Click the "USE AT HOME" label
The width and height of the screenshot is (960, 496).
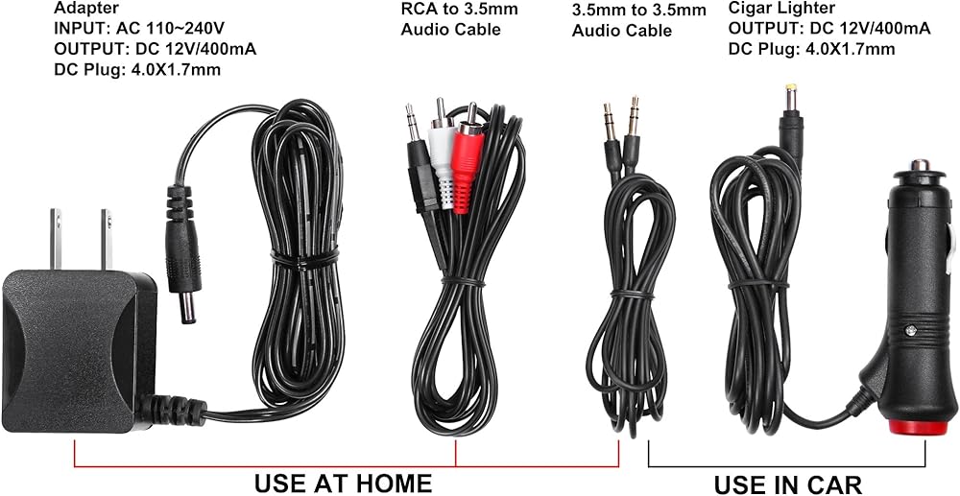(343, 482)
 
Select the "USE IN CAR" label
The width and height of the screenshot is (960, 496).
(787, 484)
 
